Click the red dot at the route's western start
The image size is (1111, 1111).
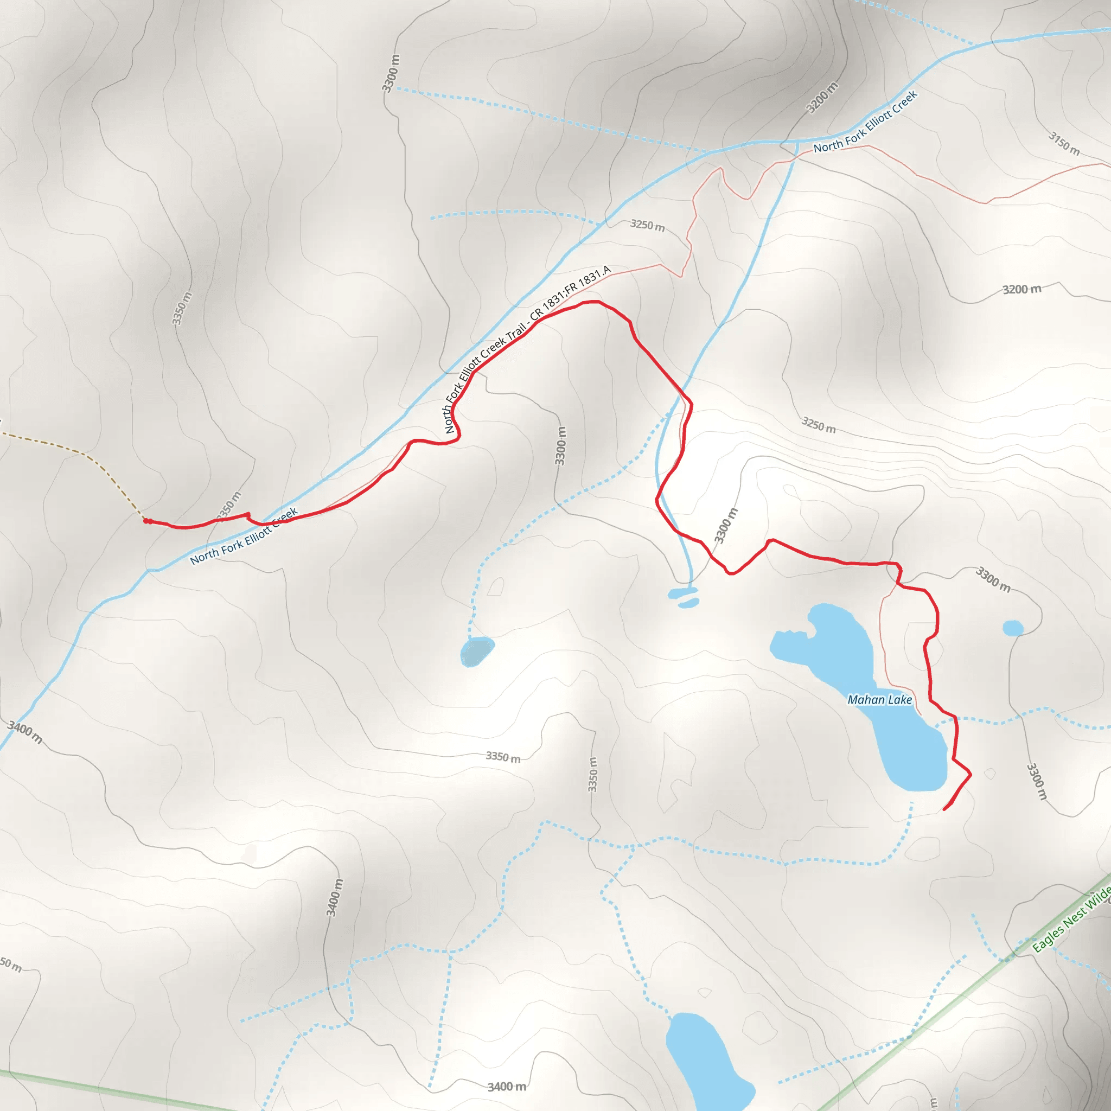coord(146,521)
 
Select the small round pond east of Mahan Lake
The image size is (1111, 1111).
coord(1013,628)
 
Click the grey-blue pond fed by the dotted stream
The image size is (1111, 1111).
coord(476,652)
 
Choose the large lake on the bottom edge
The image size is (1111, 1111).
coord(705,1064)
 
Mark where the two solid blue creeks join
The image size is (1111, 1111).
coord(797,141)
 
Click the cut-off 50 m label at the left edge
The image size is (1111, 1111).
coord(10,964)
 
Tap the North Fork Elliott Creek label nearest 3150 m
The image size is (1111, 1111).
coord(865,122)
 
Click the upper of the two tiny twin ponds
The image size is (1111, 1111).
coord(682,592)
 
